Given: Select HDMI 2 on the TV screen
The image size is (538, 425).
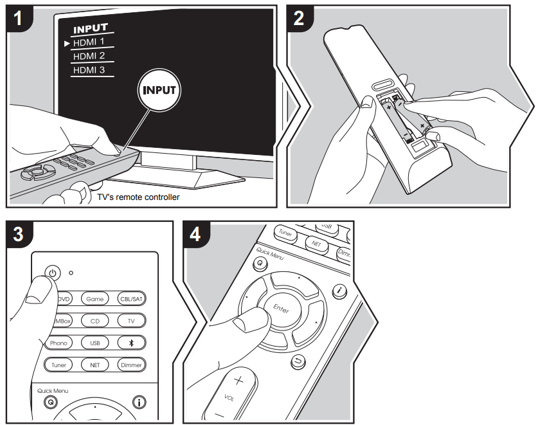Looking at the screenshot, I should point(89,56).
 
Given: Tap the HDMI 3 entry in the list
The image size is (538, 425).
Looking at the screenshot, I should point(89,69).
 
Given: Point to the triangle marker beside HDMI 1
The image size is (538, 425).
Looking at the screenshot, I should point(67,43).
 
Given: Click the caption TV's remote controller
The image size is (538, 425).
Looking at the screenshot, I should point(138,197).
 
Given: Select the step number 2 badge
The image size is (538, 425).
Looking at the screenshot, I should point(299,19).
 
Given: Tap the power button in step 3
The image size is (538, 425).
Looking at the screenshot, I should point(52,272).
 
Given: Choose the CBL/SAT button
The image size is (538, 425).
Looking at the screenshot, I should point(130,298).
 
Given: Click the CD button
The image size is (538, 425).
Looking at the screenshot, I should point(94,320).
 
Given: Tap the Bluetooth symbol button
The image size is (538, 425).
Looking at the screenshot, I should point(130,343).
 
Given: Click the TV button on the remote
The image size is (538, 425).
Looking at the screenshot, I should point(130,320).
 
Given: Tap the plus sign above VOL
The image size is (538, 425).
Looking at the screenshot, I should point(238,381).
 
